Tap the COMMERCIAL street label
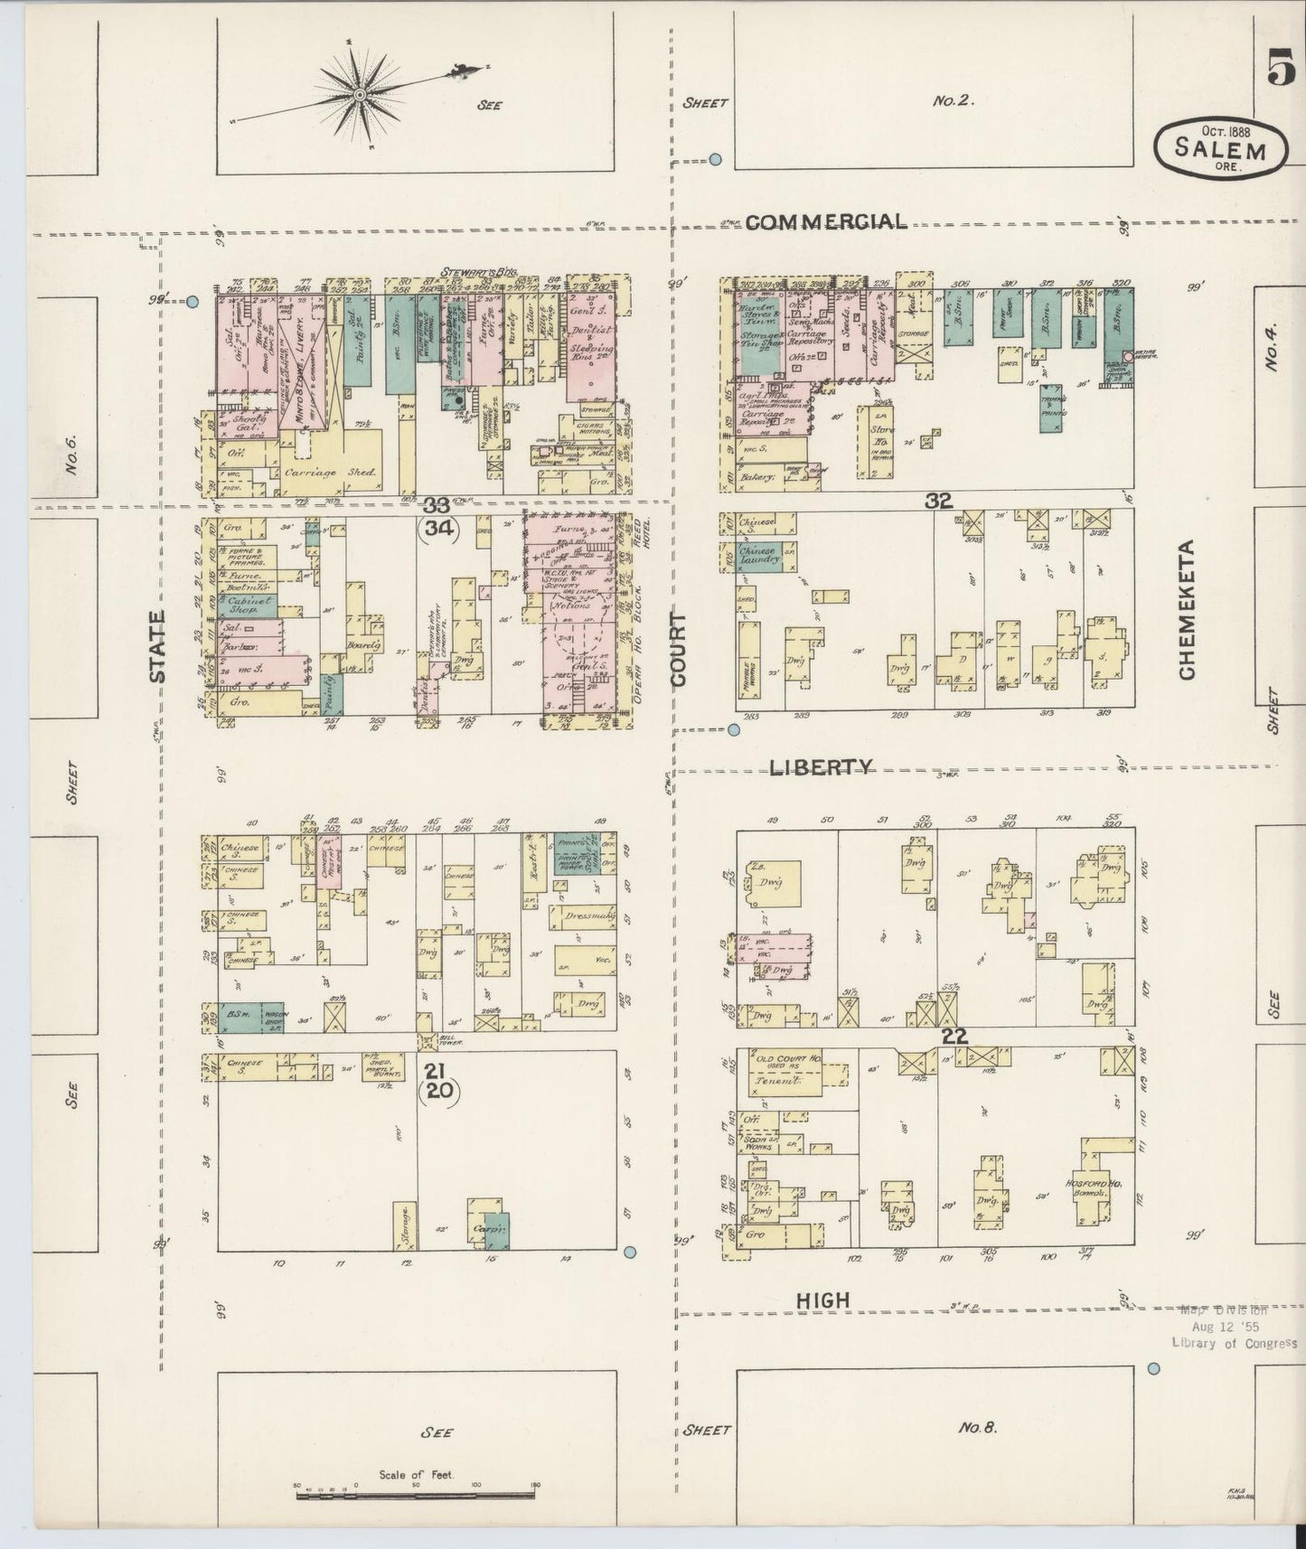coord(825,222)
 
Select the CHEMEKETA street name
coord(1187,609)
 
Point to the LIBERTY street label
coord(821,767)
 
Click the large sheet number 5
coord(1281,70)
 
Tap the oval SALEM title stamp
coord(1220,148)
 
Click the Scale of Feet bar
coord(416,1496)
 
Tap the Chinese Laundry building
coord(759,557)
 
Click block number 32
coord(937,500)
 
